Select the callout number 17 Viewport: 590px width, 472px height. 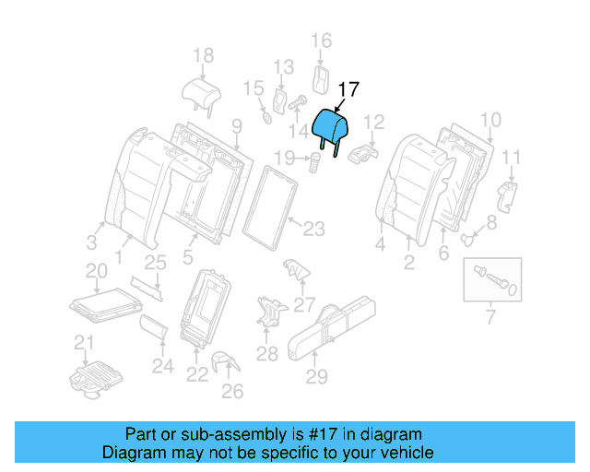click(348, 89)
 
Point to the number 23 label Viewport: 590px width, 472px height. click(314, 227)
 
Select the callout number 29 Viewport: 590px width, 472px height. click(316, 375)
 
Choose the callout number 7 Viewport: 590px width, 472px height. click(490, 318)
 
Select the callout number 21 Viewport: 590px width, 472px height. click(85, 344)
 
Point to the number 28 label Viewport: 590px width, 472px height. click(266, 353)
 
